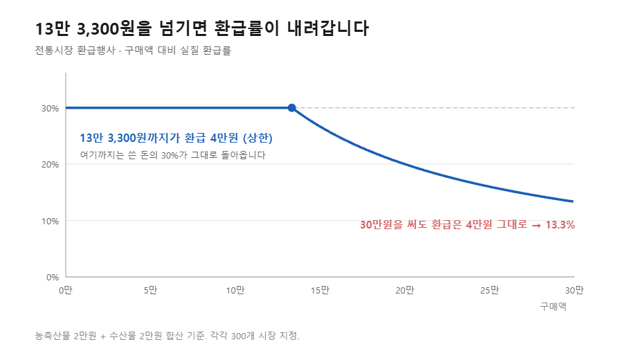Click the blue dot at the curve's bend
(291, 108)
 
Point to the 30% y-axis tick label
(50, 109)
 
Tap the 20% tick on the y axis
(50, 165)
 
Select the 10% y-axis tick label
(50, 222)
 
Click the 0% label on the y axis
(53, 278)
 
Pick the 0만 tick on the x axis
(66, 291)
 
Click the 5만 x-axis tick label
(150, 291)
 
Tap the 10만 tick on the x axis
(235, 291)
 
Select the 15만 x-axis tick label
(320, 291)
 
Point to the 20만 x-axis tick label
(404, 291)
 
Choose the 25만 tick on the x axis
(489, 291)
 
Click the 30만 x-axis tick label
(574, 291)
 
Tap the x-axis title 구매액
(553, 307)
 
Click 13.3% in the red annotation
(560, 225)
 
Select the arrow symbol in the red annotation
(536, 225)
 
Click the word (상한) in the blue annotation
(258, 138)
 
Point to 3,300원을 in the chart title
(114, 28)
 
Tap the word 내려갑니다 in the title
(328, 28)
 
